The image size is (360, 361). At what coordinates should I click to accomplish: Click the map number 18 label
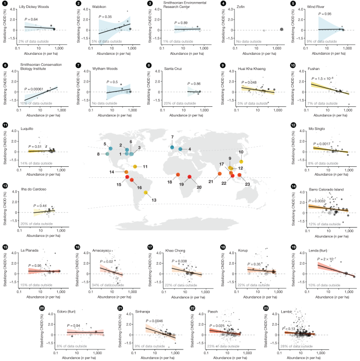point(170,182)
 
